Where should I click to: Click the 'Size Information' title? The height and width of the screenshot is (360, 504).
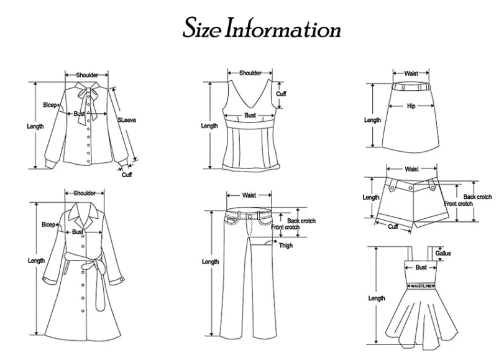pos(261,29)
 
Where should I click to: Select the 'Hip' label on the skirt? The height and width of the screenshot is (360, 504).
pos(411,106)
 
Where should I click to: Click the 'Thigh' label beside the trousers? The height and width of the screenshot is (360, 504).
pos(286,245)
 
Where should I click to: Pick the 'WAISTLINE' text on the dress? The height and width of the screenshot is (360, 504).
pos(421,285)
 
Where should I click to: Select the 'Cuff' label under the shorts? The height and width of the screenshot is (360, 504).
pos(393,227)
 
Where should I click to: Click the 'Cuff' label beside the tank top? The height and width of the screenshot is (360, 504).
pos(281,94)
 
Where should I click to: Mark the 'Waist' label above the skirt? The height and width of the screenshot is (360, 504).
pos(411,73)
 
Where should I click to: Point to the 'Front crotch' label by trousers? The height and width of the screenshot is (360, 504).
pos(286,228)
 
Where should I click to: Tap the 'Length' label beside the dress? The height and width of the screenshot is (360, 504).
pos(377,298)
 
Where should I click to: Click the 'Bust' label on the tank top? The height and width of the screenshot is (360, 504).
pos(250,116)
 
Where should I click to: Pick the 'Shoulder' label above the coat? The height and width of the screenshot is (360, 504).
pos(85,193)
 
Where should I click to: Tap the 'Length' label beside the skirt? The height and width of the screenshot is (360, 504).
pos(372,120)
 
